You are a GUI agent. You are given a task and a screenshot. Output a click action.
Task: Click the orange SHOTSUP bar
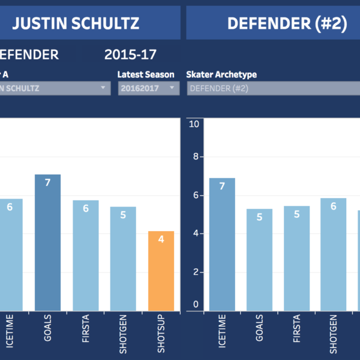coord(161,270)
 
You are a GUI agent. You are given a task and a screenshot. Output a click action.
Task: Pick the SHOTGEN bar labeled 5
coord(123,258)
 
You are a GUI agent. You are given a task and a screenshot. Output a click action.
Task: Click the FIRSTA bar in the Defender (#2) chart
coord(296,258)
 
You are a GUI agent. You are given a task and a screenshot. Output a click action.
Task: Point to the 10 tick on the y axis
coord(193,124)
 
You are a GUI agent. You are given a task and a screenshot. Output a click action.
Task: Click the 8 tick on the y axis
coord(194,157)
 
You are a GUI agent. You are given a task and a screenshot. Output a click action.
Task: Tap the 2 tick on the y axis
coord(194,272)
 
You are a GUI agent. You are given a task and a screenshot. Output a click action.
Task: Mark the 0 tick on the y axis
coord(194,304)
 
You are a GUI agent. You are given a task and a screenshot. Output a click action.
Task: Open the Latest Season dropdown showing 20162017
coord(148,88)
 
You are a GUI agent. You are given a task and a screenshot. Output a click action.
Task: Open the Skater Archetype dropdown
coord(273,88)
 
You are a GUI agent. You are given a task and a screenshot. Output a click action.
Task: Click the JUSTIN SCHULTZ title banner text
coord(76,23)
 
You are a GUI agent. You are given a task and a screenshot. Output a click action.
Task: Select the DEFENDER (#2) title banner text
coord(287,23)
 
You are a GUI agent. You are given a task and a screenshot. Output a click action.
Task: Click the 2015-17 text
coord(130,55)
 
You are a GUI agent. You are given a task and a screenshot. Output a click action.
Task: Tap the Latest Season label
coord(146,74)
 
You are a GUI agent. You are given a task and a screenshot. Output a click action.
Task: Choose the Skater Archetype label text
coord(221,74)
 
